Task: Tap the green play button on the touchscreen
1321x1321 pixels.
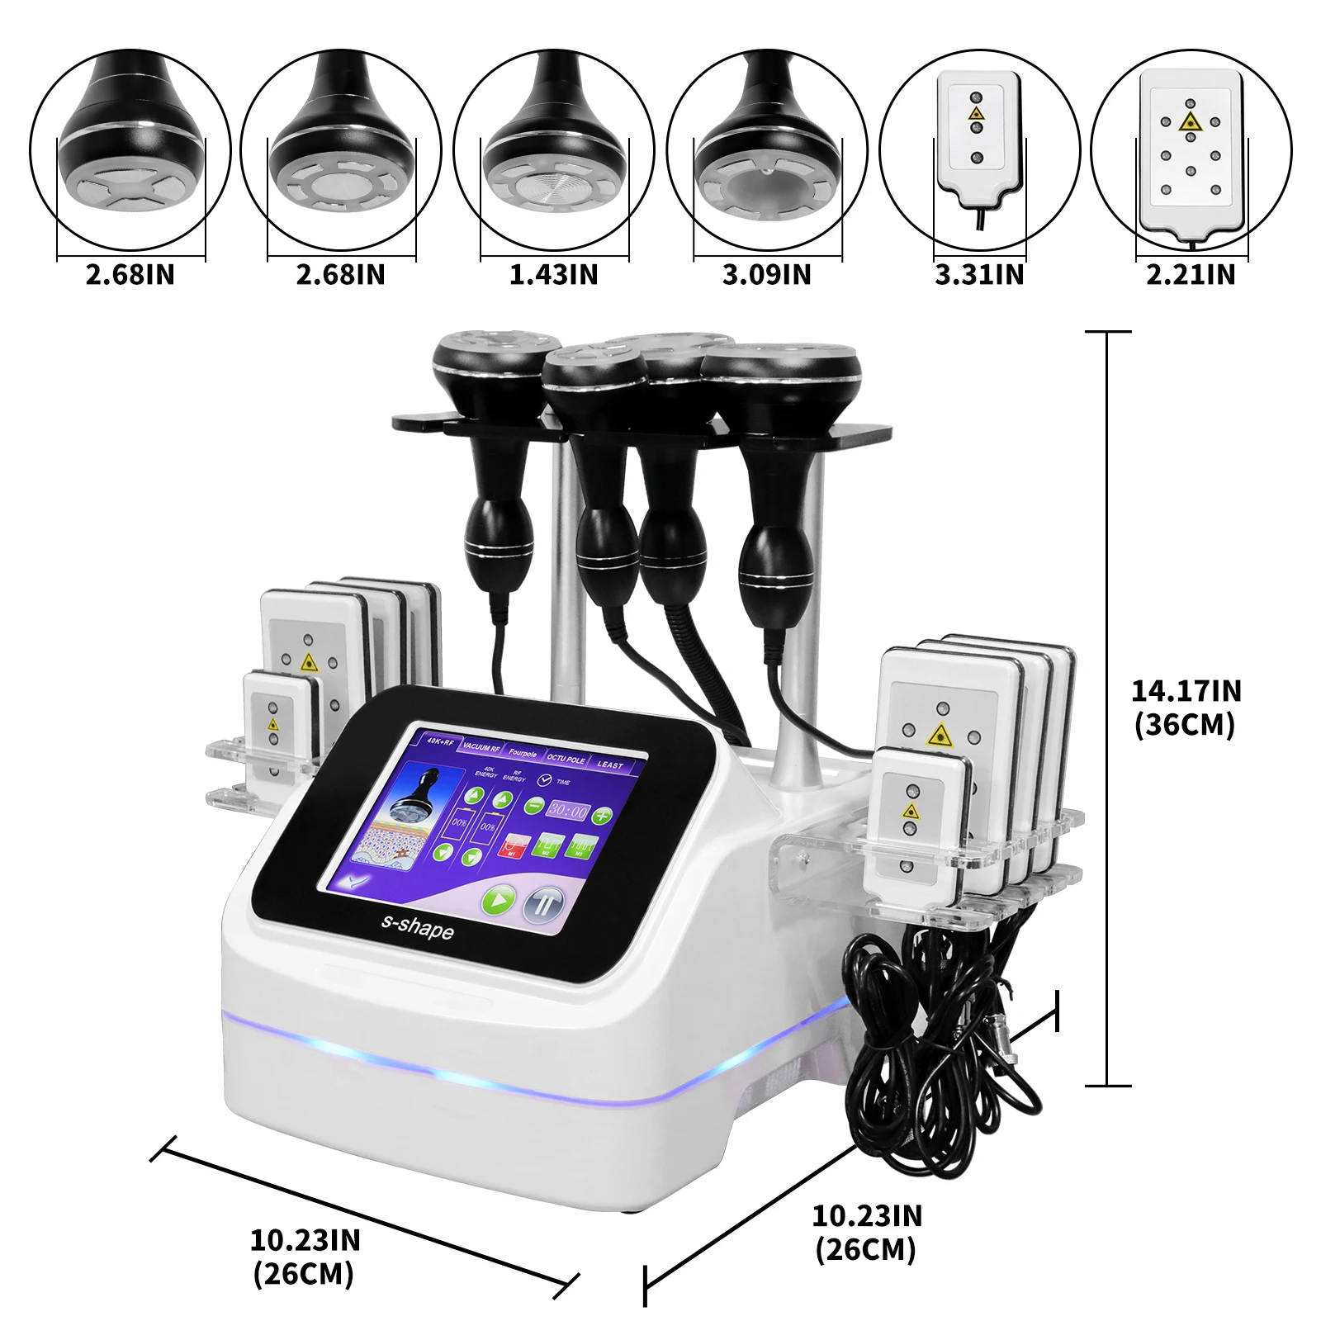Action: pos(499,899)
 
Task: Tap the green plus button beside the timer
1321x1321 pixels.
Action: pos(604,816)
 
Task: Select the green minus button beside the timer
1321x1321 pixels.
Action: pos(533,806)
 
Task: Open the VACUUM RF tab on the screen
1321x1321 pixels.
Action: pos(481,747)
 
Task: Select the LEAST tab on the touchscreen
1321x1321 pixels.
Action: pos(610,765)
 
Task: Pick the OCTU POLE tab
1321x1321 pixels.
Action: pos(566,759)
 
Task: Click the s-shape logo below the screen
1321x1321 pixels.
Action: pos(417,926)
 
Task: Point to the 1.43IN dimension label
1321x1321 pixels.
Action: pos(554,274)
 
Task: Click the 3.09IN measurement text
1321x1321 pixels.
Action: pos(767,274)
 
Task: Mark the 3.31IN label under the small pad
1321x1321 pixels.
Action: pos(979,274)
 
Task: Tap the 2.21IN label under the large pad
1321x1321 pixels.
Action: pos(1191,274)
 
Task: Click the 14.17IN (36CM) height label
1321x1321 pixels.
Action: pos(1186,707)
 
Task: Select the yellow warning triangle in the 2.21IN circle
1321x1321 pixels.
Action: pos(1190,123)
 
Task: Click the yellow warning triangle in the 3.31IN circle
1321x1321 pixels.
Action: pos(977,113)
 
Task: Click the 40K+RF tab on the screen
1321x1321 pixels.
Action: pos(440,741)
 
